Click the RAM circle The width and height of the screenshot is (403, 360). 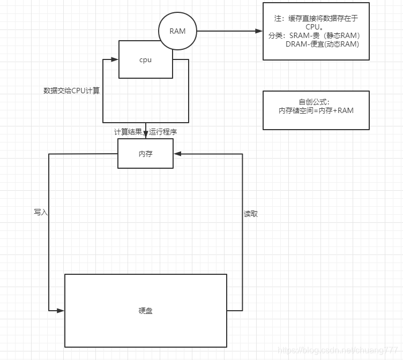coord(177,31)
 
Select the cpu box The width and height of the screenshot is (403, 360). coord(145,60)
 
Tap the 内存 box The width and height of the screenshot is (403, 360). coord(145,154)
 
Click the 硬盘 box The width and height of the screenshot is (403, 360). coord(145,310)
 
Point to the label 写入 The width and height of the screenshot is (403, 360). coord(41,212)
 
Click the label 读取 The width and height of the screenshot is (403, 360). coord(251,214)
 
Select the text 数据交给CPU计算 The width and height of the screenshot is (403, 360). coord(71,91)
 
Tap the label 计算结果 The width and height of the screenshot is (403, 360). coord(128,132)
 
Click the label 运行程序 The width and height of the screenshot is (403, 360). coord(163,132)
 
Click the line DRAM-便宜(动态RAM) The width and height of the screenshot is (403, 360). coord(322,44)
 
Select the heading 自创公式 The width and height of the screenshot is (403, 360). coord(315,102)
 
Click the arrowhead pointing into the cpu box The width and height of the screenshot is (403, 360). coord(115,59)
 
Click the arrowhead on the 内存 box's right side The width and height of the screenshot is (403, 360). coord(177,154)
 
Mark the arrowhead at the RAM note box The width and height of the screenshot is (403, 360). coord(259,31)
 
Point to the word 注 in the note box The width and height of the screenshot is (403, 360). coord(278,19)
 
